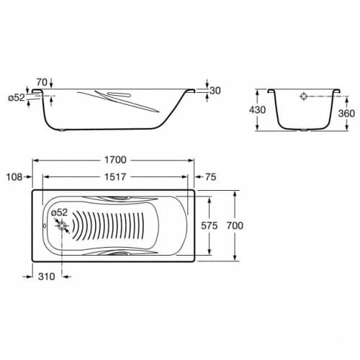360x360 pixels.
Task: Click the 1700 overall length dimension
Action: point(115,160)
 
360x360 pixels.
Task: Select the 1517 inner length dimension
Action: point(115,177)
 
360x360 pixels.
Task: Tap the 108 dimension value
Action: point(14,177)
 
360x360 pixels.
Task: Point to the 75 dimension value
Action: point(211,177)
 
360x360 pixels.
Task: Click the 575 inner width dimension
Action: point(210,225)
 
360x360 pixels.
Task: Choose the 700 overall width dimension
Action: point(235,225)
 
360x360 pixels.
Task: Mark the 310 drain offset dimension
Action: point(47,276)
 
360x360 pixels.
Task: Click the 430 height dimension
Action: point(257,110)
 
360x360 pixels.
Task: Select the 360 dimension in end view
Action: point(346,113)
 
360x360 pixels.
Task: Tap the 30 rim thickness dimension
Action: point(215,91)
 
